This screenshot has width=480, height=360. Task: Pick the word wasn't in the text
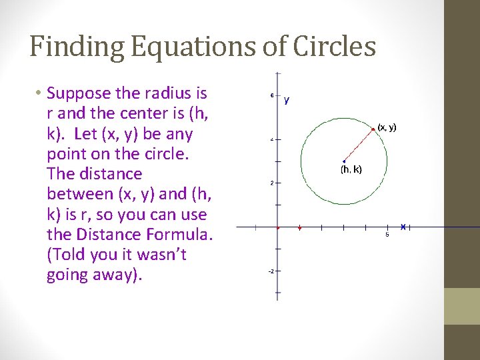(x=163, y=255)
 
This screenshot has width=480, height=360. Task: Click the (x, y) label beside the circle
(x=387, y=127)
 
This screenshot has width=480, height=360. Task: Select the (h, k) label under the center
(x=351, y=169)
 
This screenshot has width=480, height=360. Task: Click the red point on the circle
(x=373, y=128)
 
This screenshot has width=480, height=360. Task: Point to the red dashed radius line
(x=358, y=144)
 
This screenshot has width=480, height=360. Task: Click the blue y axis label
(x=287, y=101)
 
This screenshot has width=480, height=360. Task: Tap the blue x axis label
(x=403, y=227)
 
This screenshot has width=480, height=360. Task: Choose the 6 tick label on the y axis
(x=271, y=95)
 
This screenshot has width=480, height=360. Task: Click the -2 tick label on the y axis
(x=271, y=271)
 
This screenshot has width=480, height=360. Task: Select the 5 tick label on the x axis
(x=387, y=234)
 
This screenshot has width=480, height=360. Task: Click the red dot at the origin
(x=277, y=227)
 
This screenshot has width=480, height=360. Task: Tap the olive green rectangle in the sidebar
(x=462, y=306)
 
